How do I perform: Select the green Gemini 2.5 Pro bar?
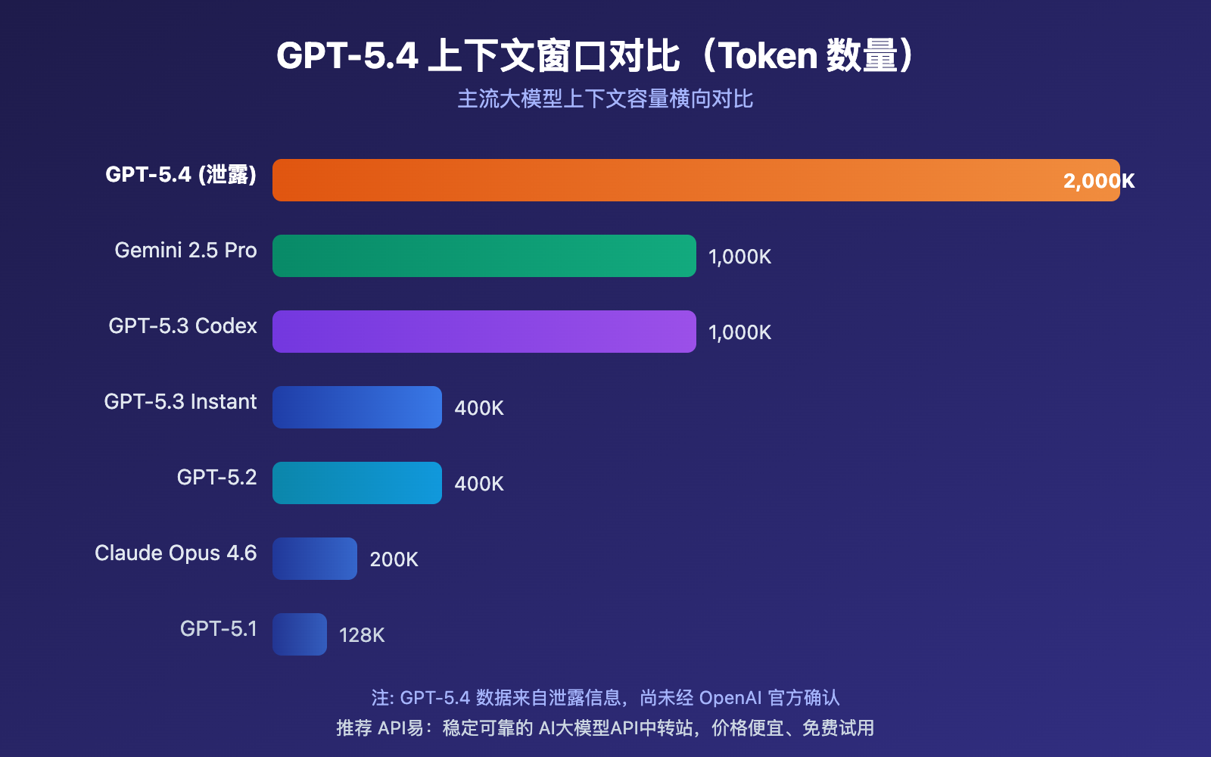[x=484, y=256]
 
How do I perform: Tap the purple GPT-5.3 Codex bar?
[x=484, y=332]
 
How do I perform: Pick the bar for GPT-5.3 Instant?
[x=357, y=407]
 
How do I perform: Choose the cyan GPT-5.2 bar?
[x=357, y=483]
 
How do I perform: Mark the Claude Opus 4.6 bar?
[x=315, y=559]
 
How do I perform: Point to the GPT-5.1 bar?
[x=300, y=634]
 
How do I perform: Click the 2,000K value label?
[x=1098, y=181]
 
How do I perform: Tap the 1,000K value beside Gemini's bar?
[x=739, y=257]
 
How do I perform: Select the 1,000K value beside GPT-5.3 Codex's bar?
[x=739, y=332]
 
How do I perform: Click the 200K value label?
[x=394, y=559]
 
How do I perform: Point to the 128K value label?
[x=362, y=635]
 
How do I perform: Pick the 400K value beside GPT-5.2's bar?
[x=479, y=484]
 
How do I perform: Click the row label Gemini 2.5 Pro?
[x=185, y=250]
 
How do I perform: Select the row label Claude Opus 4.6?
[x=176, y=553]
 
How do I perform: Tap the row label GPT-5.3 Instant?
[x=180, y=401]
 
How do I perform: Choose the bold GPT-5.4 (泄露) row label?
[x=181, y=174]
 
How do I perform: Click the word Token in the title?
[x=767, y=56]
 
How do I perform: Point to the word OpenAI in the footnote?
[x=730, y=697]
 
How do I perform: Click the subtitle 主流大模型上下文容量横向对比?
[x=605, y=99]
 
